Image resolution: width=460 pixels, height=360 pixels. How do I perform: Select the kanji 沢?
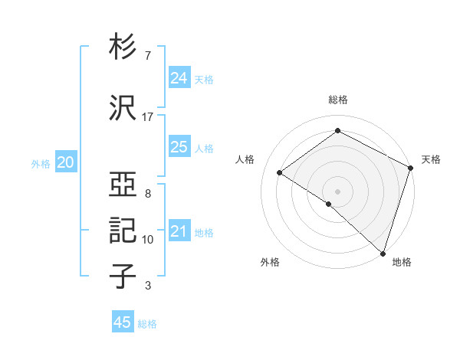(123, 107)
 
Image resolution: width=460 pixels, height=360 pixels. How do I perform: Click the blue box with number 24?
(179, 78)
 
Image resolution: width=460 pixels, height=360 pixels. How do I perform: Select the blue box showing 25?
(179, 147)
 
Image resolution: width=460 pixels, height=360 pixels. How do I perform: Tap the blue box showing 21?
(179, 231)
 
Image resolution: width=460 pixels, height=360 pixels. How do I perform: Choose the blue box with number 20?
(66, 162)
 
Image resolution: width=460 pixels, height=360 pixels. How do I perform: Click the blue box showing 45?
(123, 322)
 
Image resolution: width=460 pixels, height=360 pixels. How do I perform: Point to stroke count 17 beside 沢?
(148, 116)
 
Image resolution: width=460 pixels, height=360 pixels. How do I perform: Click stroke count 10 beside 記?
(148, 240)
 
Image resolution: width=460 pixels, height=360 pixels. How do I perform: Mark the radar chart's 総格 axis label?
(338, 100)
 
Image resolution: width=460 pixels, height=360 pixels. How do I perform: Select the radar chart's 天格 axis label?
(431, 159)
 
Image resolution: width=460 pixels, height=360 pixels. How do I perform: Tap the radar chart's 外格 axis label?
(270, 263)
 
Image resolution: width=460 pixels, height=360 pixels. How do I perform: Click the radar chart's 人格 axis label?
(245, 159)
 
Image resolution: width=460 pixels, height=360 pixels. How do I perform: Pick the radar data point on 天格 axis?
(411, 168)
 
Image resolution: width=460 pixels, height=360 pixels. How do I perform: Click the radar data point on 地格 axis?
(383, 253)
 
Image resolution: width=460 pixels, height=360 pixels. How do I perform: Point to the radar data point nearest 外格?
(329, 204)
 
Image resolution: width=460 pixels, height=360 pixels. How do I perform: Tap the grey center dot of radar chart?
(338, 191)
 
